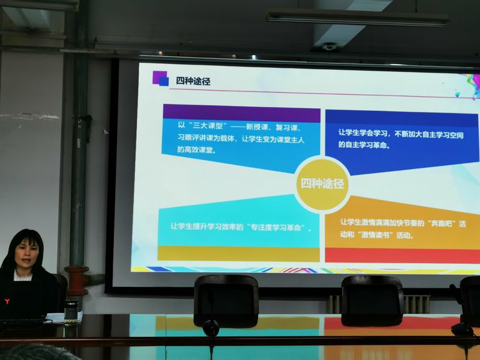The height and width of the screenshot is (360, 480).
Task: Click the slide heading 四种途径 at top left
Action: [193, 81]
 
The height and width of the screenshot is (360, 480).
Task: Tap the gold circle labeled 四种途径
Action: [323, 184]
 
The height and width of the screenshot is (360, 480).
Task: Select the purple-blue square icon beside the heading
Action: [161, 78]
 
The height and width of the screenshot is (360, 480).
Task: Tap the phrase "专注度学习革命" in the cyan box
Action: [278, 227]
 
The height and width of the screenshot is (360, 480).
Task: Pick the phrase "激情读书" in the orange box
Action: [375, 235]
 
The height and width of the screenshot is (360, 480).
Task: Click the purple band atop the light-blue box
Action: [241, 113]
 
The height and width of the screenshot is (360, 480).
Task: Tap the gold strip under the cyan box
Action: [239, 254]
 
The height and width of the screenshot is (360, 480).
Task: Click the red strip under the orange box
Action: [403, 256]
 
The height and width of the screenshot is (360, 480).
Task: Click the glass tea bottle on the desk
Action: [70, 313]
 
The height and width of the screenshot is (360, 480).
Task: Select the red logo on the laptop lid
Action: [7, 302]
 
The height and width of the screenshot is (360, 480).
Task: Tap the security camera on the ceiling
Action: [328, 47]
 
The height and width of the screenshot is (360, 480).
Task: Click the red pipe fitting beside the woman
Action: [77, 280]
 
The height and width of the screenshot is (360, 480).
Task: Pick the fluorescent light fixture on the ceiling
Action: [357, 18]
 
